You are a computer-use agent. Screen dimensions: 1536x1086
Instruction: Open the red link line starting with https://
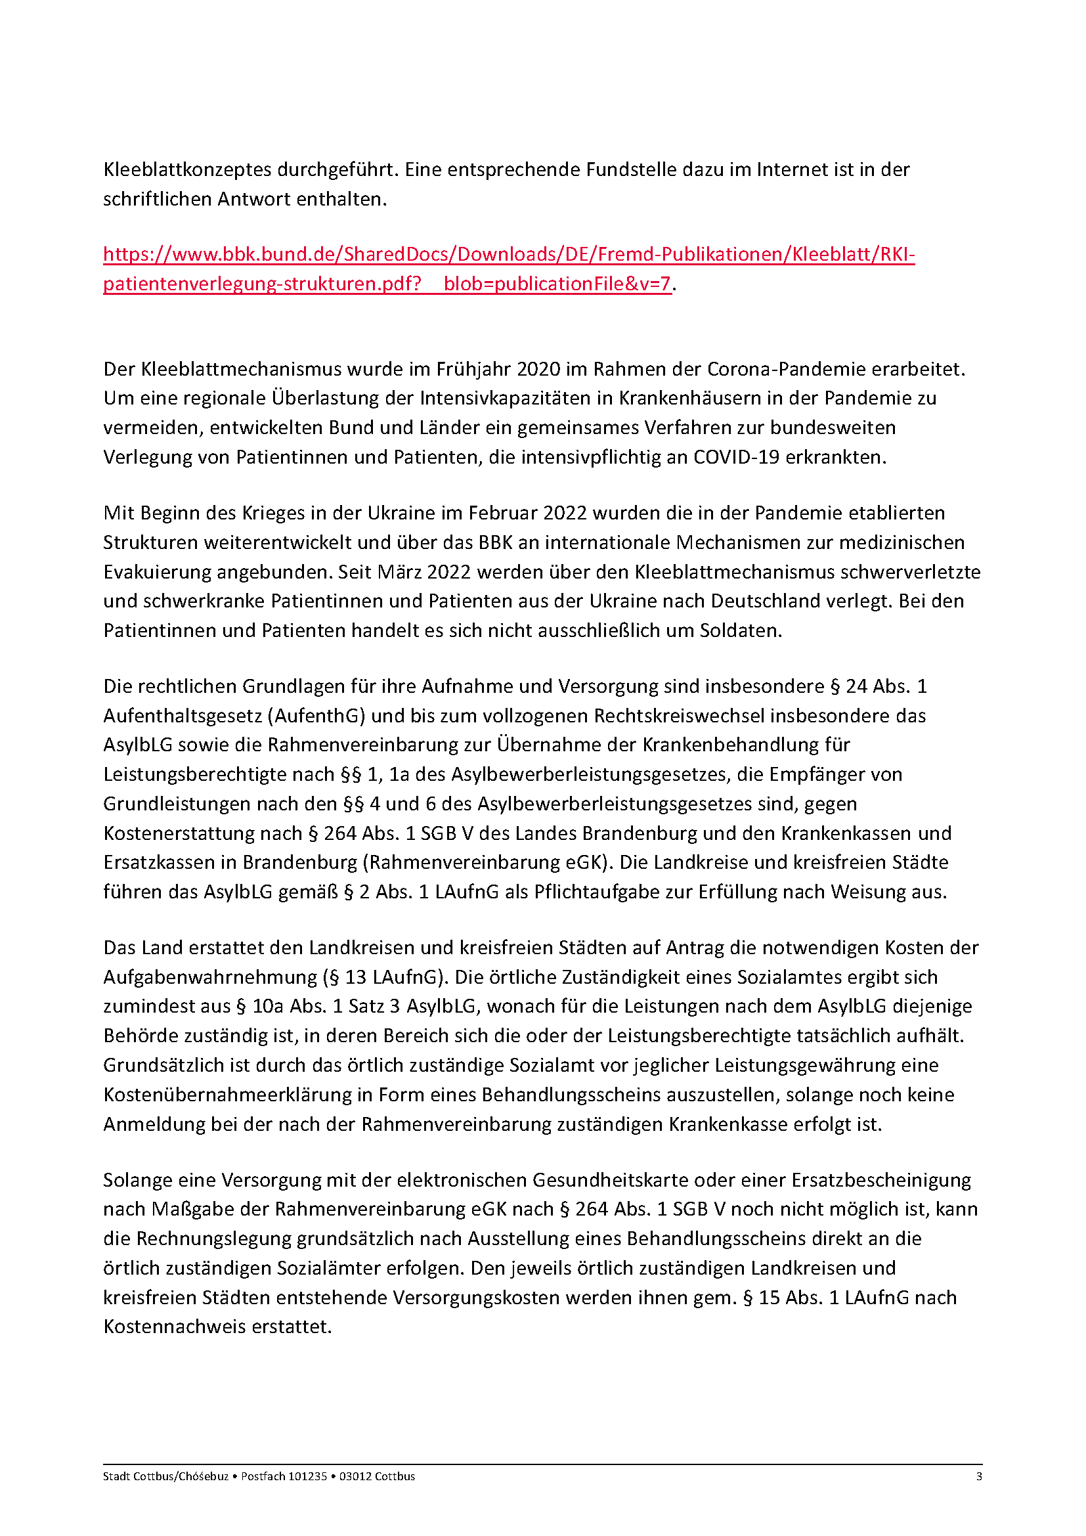tap(508, 255)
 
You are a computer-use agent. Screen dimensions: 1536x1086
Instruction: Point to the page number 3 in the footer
tap(979, 1476)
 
